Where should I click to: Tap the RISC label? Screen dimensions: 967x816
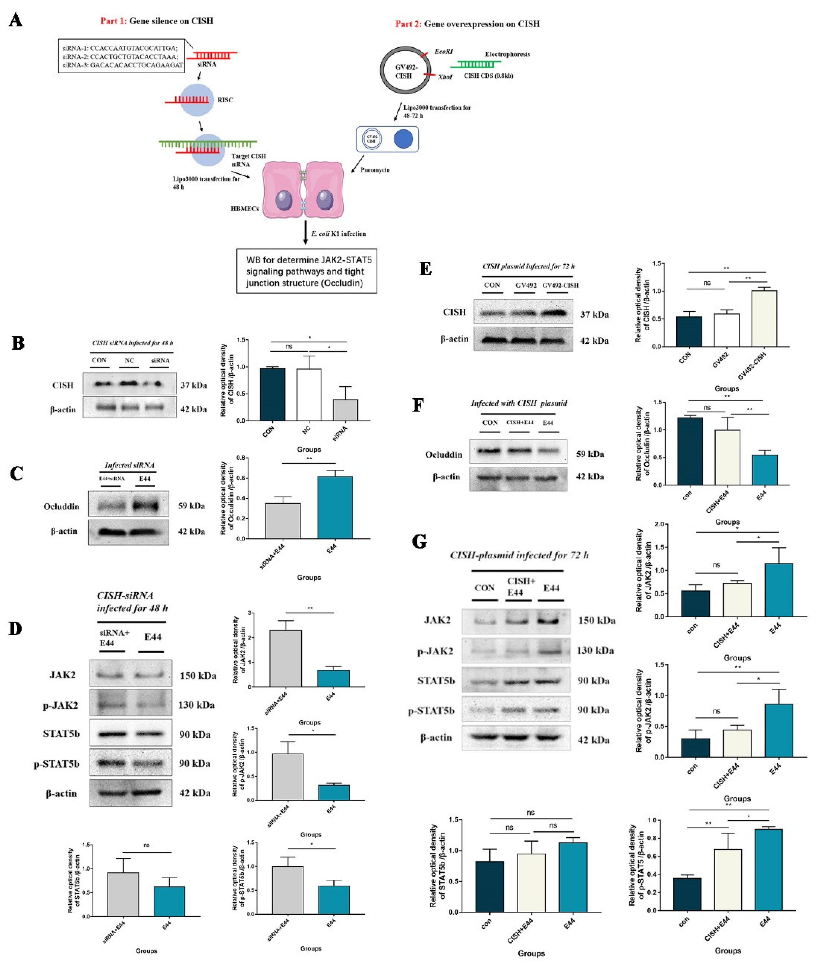coord(225,100)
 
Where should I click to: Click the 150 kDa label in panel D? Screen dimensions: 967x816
coord(198,676)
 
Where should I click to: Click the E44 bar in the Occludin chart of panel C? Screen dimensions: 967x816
coord(334,507)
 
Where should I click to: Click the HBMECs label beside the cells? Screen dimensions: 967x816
coord(245,209)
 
